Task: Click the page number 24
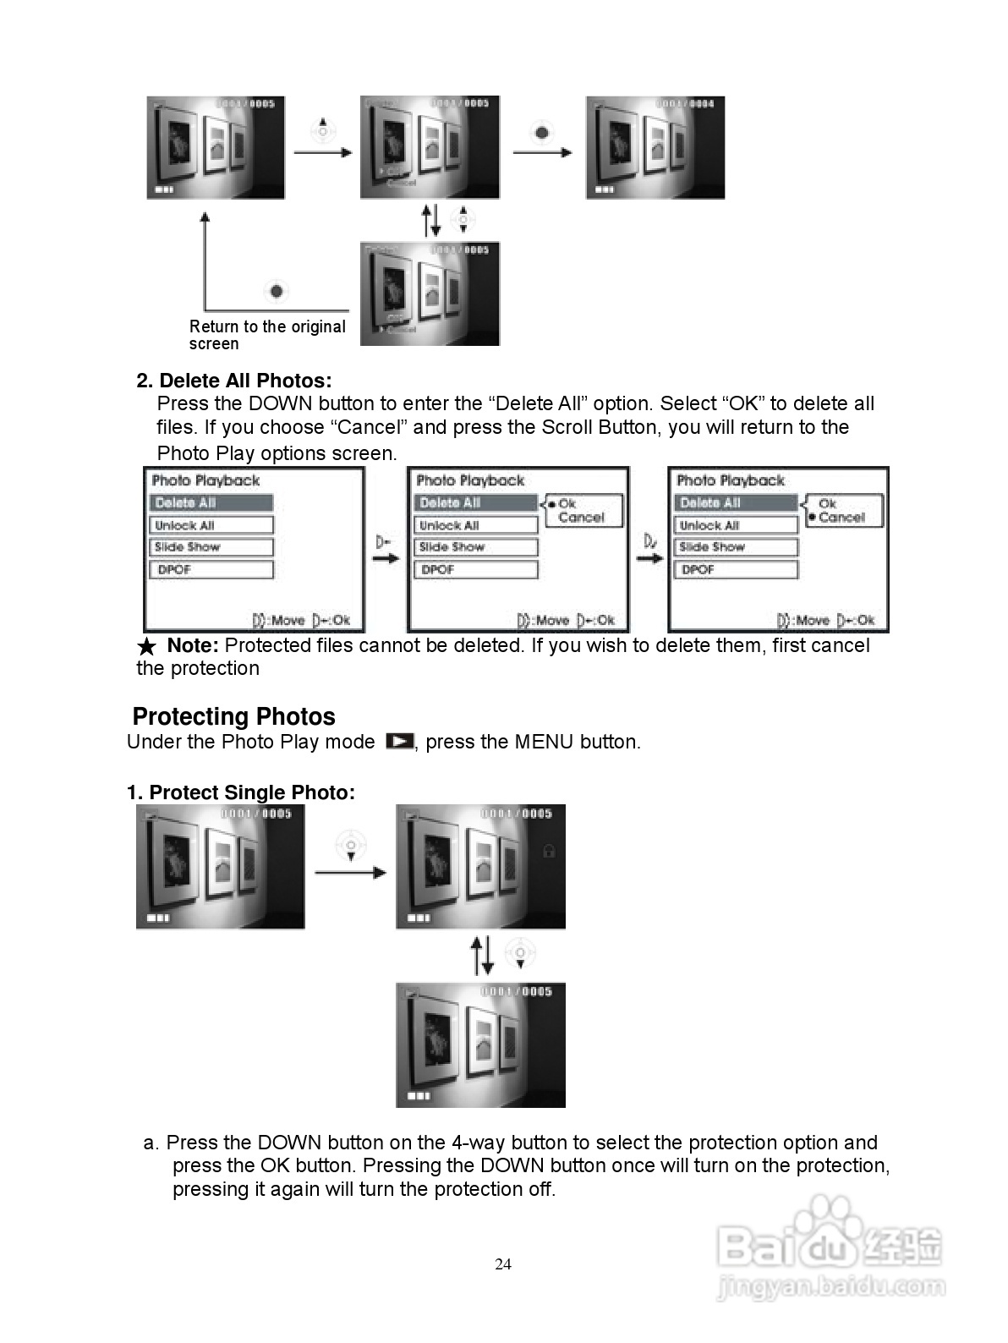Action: [x=503, y=1264]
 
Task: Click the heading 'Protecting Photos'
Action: [x=234, y=717]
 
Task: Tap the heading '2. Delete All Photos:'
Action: [x=234, y=381]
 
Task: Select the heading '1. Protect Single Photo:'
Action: [x=241, y=792]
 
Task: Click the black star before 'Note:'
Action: [x=146, y=647]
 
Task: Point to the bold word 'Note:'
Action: [x=193, y=646]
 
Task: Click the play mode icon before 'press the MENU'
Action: [x=399, y=742]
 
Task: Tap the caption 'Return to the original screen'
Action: [x=267, y=335]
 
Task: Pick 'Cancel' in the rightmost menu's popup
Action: [x=841, y=518]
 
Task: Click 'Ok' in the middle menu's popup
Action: [x=567, y=503]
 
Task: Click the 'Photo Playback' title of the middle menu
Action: [x=470, y=480]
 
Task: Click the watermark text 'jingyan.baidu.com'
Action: [x=831, y=1288]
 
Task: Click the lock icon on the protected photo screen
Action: [x=548, y=851]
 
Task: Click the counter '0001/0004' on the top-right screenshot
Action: [x=686, y=104]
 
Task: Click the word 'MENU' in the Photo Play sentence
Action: [x=545, y=743]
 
